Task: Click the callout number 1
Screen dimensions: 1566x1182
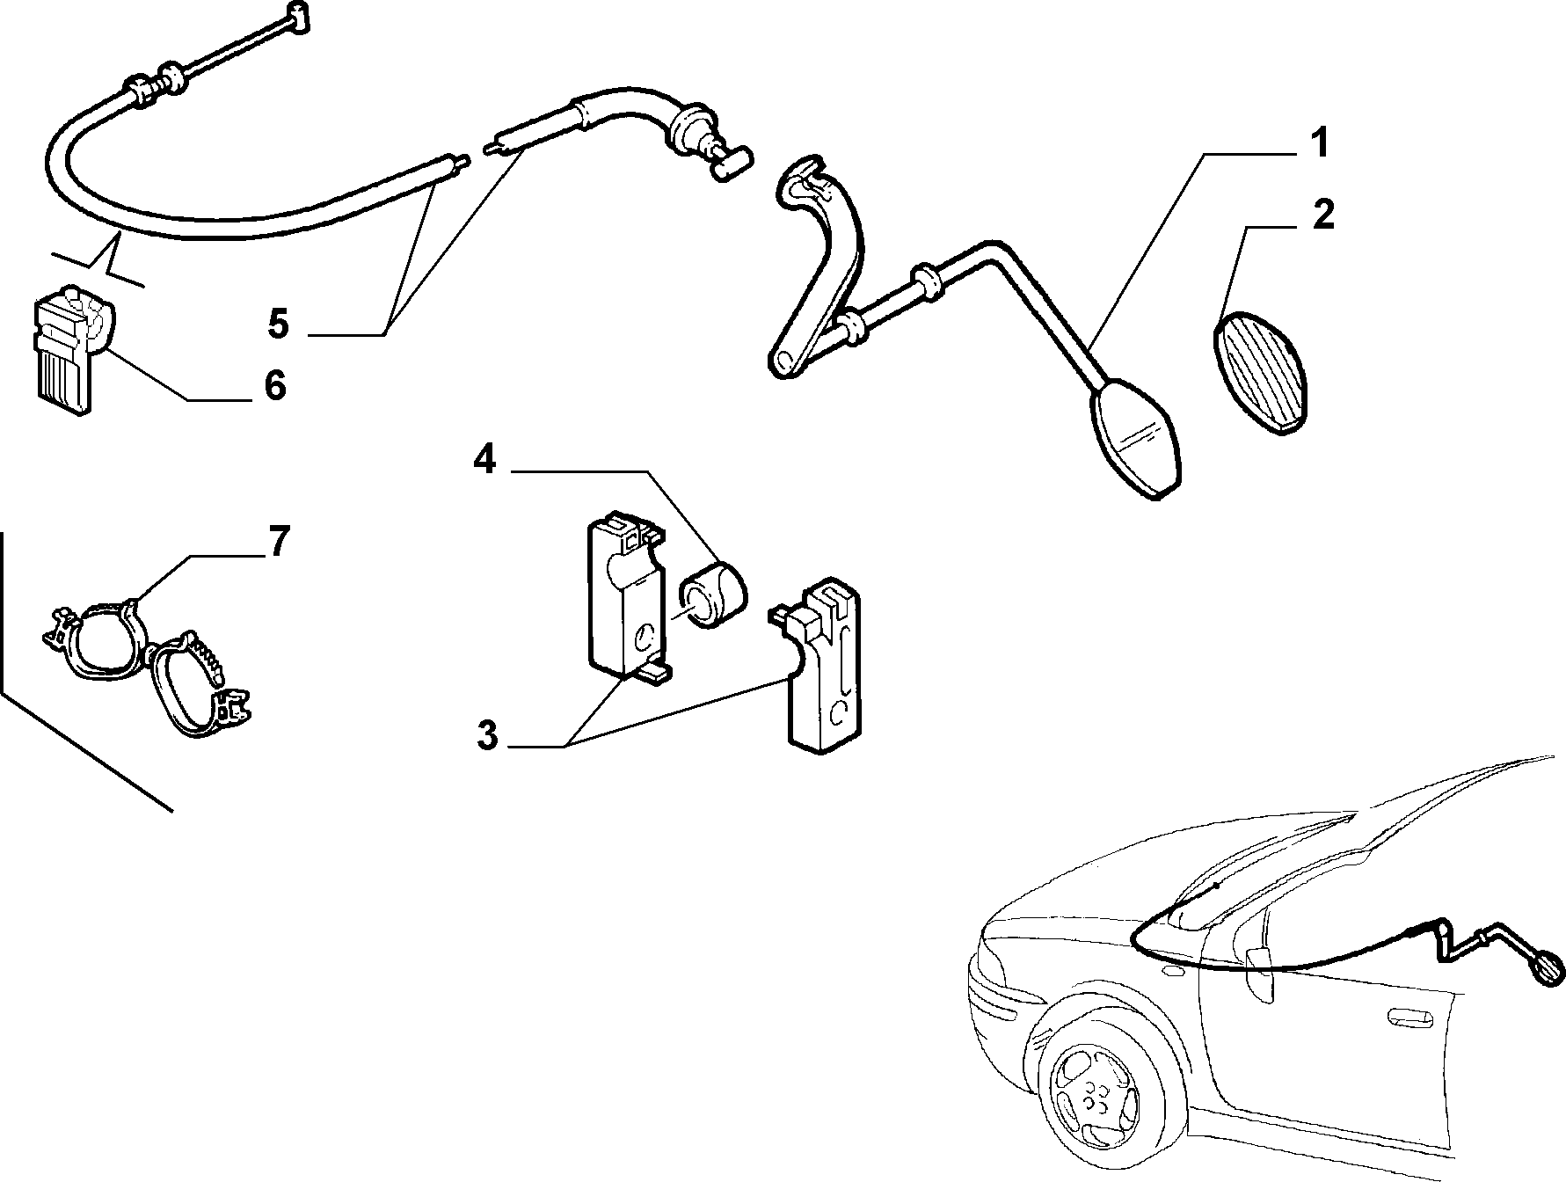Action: (x=1318, y=144)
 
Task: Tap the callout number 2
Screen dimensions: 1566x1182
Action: (x=1322, y=215)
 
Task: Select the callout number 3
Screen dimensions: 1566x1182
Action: (x=487, y=735)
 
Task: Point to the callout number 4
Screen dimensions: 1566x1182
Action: (x=484, y=459)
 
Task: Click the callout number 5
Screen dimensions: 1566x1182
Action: (x=278, y=324)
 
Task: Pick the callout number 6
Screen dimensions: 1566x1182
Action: (x=275, y=385)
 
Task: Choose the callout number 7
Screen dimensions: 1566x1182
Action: (x=278, y=542)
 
